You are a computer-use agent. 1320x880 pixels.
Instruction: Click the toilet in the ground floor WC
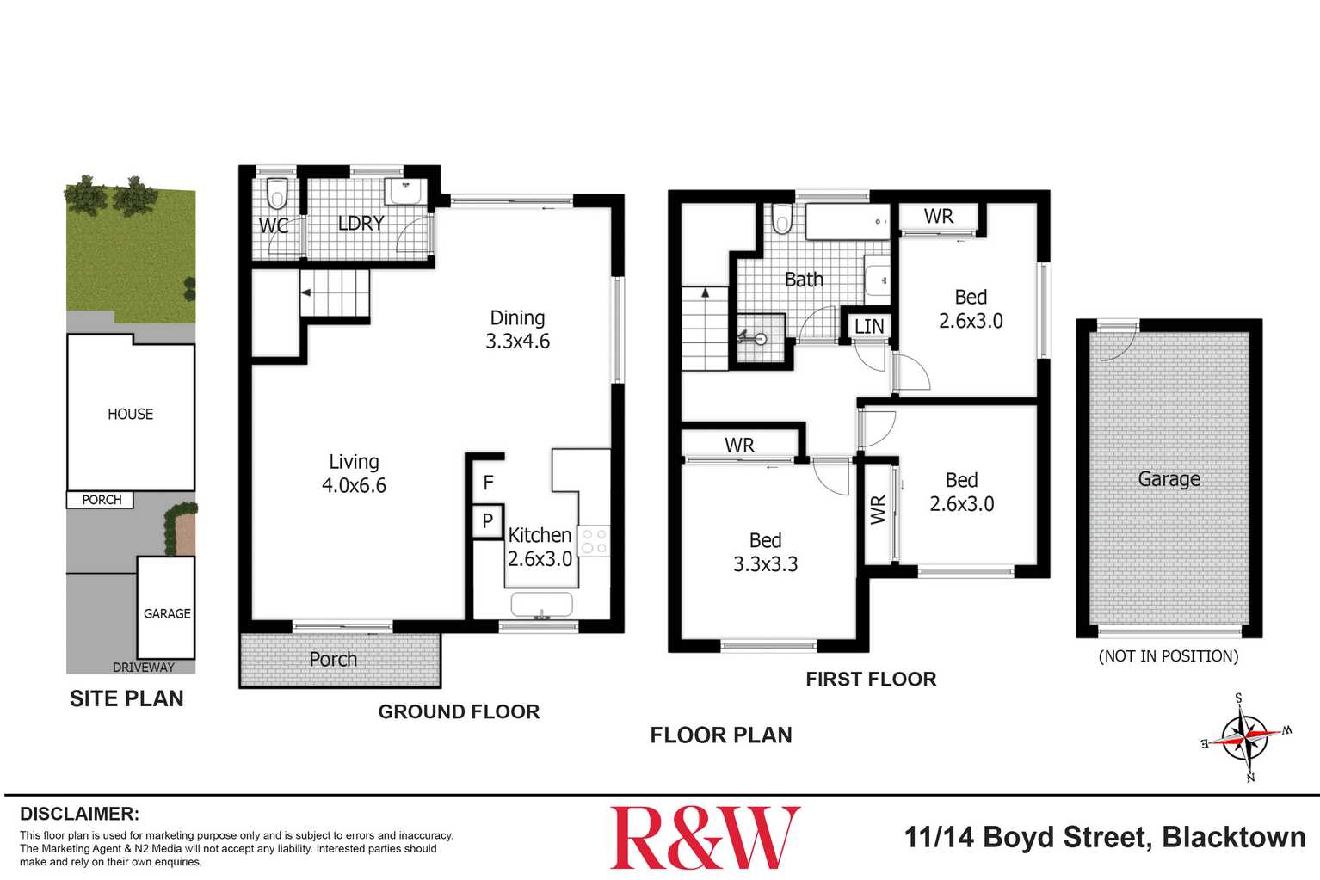pos(276,194)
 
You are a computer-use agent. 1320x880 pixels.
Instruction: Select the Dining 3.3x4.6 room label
pos(517,329)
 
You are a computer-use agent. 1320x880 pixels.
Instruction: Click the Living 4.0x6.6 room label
pos(354,474)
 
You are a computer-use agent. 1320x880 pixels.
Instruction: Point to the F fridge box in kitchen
pos(488,483)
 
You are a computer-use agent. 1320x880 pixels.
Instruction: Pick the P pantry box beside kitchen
pos(488,520)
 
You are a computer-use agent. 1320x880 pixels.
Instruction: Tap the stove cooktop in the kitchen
pos(594,541)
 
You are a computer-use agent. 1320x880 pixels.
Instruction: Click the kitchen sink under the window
pos(541,605)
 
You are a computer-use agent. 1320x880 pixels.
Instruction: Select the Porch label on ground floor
pos(333,659)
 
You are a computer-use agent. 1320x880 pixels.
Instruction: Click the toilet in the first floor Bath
pos(781,218)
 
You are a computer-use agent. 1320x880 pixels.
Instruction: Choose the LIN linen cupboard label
pos(869,327)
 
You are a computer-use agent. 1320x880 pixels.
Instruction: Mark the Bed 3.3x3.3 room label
pos(765,552)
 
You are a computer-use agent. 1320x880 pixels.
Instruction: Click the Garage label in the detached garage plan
pos(1169,479)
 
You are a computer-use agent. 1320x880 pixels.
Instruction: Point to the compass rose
pos(1246,737)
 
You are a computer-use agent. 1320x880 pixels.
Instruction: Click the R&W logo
pos(704,837)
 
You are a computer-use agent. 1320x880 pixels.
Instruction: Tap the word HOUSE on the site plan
pos(131,414)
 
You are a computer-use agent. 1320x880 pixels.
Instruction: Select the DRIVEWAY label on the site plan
pos(144,667)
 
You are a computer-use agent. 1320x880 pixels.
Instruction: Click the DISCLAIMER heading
pos(79,814)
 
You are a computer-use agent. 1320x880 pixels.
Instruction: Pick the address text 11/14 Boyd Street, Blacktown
pos(1104,837)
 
